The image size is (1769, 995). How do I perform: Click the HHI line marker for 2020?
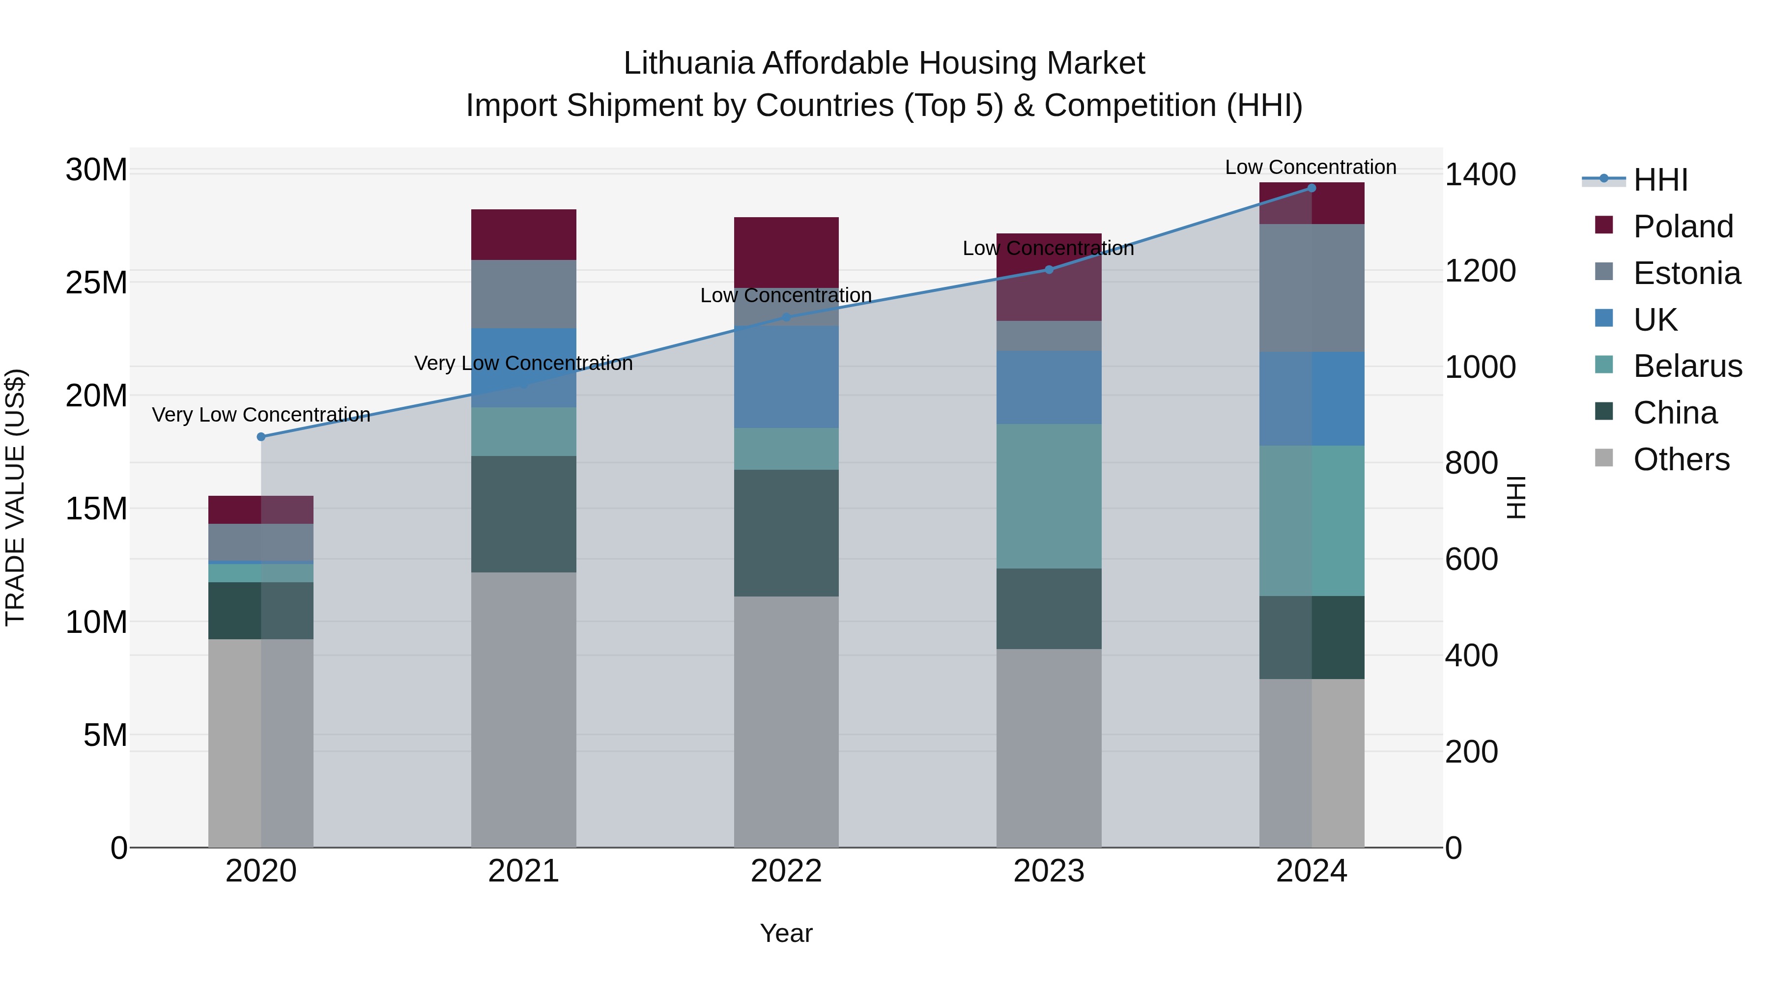click(x=261, y=437)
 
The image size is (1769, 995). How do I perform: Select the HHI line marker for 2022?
click(x=786, y=317)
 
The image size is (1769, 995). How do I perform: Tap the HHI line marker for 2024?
click(x=1311, y=188)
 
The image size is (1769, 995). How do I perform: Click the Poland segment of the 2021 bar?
click(x=523, y=234)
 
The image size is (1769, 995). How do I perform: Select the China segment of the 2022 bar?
click(x=786, y=532)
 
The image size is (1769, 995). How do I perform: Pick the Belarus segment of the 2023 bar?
click(x=1049, y=496)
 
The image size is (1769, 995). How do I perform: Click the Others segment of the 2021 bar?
click(x=523, y=710)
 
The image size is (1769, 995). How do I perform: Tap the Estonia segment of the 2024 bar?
click(x=1311, y=288)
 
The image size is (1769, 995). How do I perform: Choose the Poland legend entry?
click(x=1683, y=227)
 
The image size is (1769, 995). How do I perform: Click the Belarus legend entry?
click(x=1686, y=366)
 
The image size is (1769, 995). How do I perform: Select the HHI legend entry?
click(x=1660, y=180)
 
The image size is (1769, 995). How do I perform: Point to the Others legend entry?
click(x=1681, y=459)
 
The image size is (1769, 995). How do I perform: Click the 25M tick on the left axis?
click(x=96, y=282)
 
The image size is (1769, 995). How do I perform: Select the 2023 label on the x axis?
click(x=1049, y=871)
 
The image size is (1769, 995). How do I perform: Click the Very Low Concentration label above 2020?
click(x=261, y=415)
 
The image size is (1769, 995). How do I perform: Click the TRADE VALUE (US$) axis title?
click(x=15, y=497)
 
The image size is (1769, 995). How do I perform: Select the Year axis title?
click(x=786, y=933)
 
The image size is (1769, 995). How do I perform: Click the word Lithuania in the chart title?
click(x=689, y=63)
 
